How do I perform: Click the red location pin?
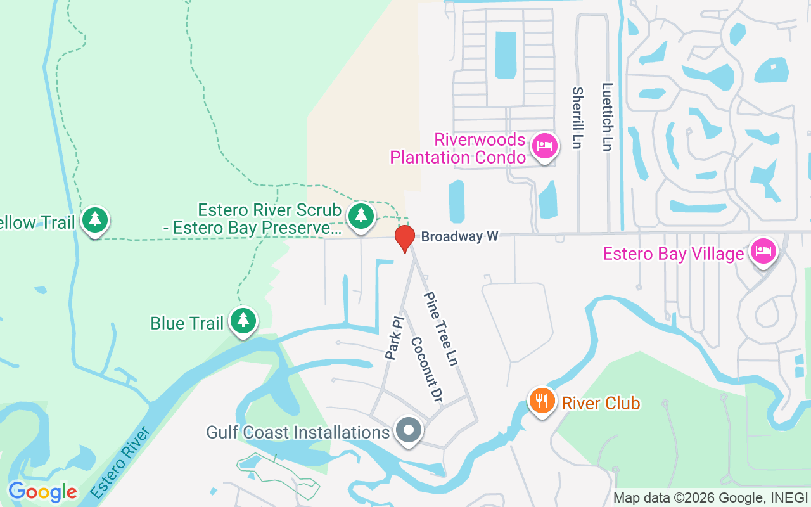(x=404, y=238)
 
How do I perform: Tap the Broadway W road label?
(x=460, y=236)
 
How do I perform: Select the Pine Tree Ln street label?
(x=441, y=328)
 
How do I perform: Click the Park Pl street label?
(x=394, y=338)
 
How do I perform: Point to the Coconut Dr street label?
(x=426, y=369)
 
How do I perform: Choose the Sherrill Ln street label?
(x=577, y=118)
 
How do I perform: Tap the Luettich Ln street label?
(x=608, y=117)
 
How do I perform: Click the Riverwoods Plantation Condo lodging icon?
(x=544, y=146)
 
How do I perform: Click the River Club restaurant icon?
(x=542, y=402)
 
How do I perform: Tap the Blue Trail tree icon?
(x=243, y=321)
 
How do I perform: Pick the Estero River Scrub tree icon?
(x=361, y=215)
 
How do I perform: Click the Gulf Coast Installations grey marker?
(x=409, y=430)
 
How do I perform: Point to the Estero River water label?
(x=120, y=462)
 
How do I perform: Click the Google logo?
(x=42, y=492)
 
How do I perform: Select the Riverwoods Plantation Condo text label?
(x=458, y=148)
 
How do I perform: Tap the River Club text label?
(x=601, y=403)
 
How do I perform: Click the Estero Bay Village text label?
(x=673, y=254)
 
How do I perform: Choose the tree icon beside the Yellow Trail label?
(x=95, y=220)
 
